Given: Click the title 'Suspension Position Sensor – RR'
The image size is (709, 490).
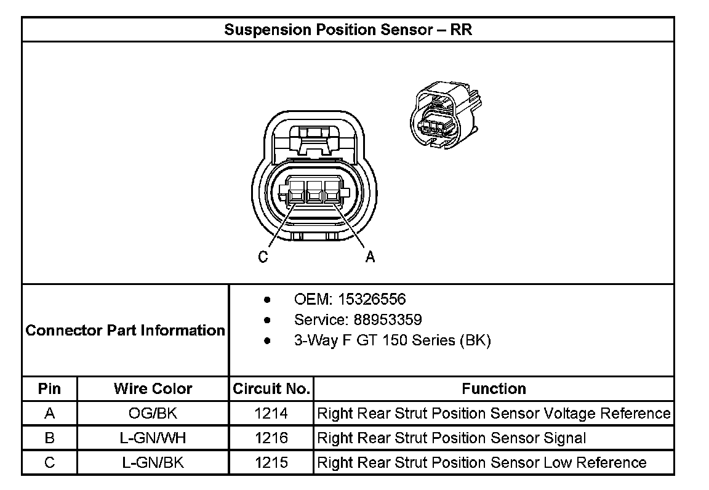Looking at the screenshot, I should click(348, 30).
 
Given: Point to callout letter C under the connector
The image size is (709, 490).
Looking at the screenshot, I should click(263, 257).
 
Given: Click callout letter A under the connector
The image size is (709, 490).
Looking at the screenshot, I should click(370, 257).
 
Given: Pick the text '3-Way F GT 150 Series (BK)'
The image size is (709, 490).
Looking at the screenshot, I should click(392, 340).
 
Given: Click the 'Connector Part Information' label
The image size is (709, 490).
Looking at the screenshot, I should click(126, 331).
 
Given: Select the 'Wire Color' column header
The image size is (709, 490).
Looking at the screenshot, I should click(153, 389).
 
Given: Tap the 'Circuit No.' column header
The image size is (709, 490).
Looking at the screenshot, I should click(271, 389).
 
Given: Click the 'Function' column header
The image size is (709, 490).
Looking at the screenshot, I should click(494, 389).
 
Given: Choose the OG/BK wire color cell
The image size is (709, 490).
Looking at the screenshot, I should click(153, 414).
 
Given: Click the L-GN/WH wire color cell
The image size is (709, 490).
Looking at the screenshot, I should click(153, 438).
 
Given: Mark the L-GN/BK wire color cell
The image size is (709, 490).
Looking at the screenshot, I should click(153, 462).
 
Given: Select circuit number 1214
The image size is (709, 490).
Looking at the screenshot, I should click(271, 414).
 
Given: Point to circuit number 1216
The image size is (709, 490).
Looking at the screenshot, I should click(271, 438).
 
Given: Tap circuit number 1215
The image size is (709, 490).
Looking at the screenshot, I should click(271, 462).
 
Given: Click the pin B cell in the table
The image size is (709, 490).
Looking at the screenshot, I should click(50, 438).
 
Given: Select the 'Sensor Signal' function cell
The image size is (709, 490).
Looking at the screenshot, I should click(451, 438).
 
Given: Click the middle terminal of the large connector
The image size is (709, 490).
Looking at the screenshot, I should click(314, 193).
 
